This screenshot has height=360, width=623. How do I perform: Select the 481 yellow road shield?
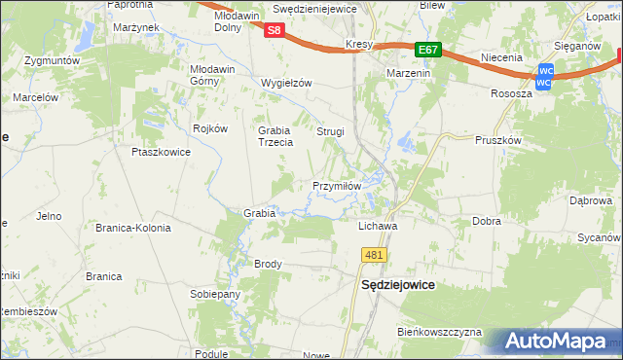coord(375,255)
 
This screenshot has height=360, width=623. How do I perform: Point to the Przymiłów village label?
coord(338,186)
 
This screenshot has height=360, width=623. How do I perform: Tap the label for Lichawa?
coord(377,225)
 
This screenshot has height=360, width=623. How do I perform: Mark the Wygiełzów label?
coord(286,83)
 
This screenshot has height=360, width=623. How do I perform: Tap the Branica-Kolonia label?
coord(132,228)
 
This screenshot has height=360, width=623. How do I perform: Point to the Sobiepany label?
coord(215,294)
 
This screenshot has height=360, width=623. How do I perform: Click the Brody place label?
coord(268,264)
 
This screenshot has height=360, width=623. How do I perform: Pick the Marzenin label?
coord(411,74)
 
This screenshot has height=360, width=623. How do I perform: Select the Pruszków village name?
coord(499,139)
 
